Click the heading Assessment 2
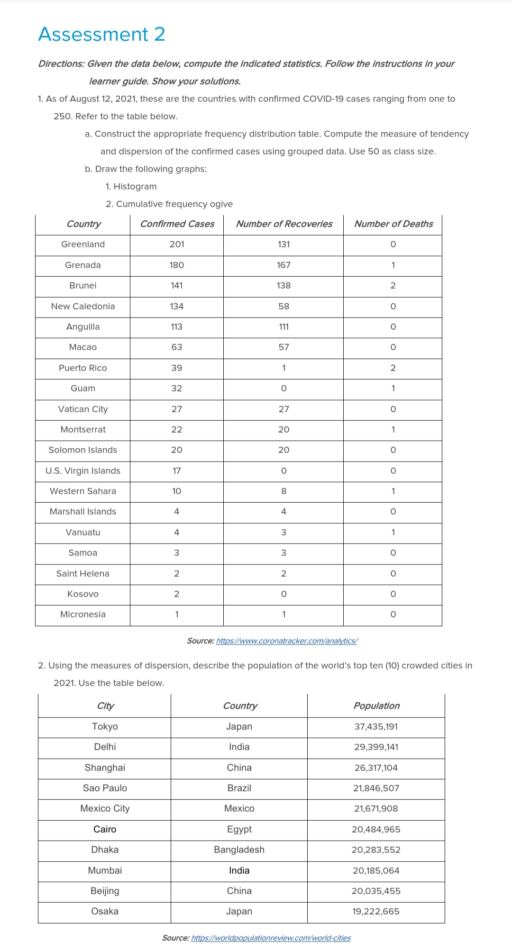101,34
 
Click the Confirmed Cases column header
177,224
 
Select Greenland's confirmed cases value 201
177,244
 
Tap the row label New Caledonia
83,306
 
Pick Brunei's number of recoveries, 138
283,285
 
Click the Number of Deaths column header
393,224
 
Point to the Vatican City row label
83,409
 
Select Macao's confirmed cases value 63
177,347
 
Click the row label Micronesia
83,614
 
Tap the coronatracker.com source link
286,641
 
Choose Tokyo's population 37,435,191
376,726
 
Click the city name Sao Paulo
105,788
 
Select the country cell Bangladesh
239,850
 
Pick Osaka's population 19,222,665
376,911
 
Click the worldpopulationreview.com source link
271,938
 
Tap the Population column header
376,706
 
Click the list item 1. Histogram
131,186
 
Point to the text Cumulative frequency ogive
174,204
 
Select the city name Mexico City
105,808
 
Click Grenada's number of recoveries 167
283,265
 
